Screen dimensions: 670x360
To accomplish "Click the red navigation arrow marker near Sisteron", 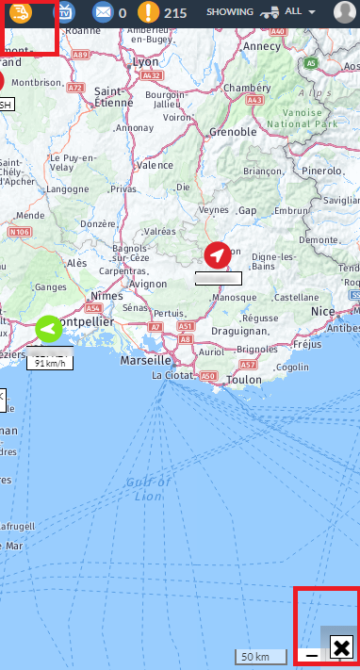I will pos(218,254).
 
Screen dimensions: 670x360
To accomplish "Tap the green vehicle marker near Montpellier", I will pos(48,329).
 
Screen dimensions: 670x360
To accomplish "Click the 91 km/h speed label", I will pos(49,363).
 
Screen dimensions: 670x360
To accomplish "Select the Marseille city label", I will pos(146,360).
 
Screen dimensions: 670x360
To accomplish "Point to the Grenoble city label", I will pos(232,132).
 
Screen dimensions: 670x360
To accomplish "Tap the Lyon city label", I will pos(146,61).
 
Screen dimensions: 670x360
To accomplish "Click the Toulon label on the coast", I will pos(244,379).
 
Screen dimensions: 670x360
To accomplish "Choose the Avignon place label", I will pos(148,283).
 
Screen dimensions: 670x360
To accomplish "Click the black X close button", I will pos(341,647).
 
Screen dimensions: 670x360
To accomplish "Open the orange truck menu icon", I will pos(21,12).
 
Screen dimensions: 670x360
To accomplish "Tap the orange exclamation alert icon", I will pos(148,12).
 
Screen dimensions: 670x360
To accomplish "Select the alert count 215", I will pos(175,13).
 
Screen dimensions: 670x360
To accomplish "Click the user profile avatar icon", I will pos(345,12).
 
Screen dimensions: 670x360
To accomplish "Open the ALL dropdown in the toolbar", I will pos(299,12).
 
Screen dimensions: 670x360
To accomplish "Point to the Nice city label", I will pos(323,311).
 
